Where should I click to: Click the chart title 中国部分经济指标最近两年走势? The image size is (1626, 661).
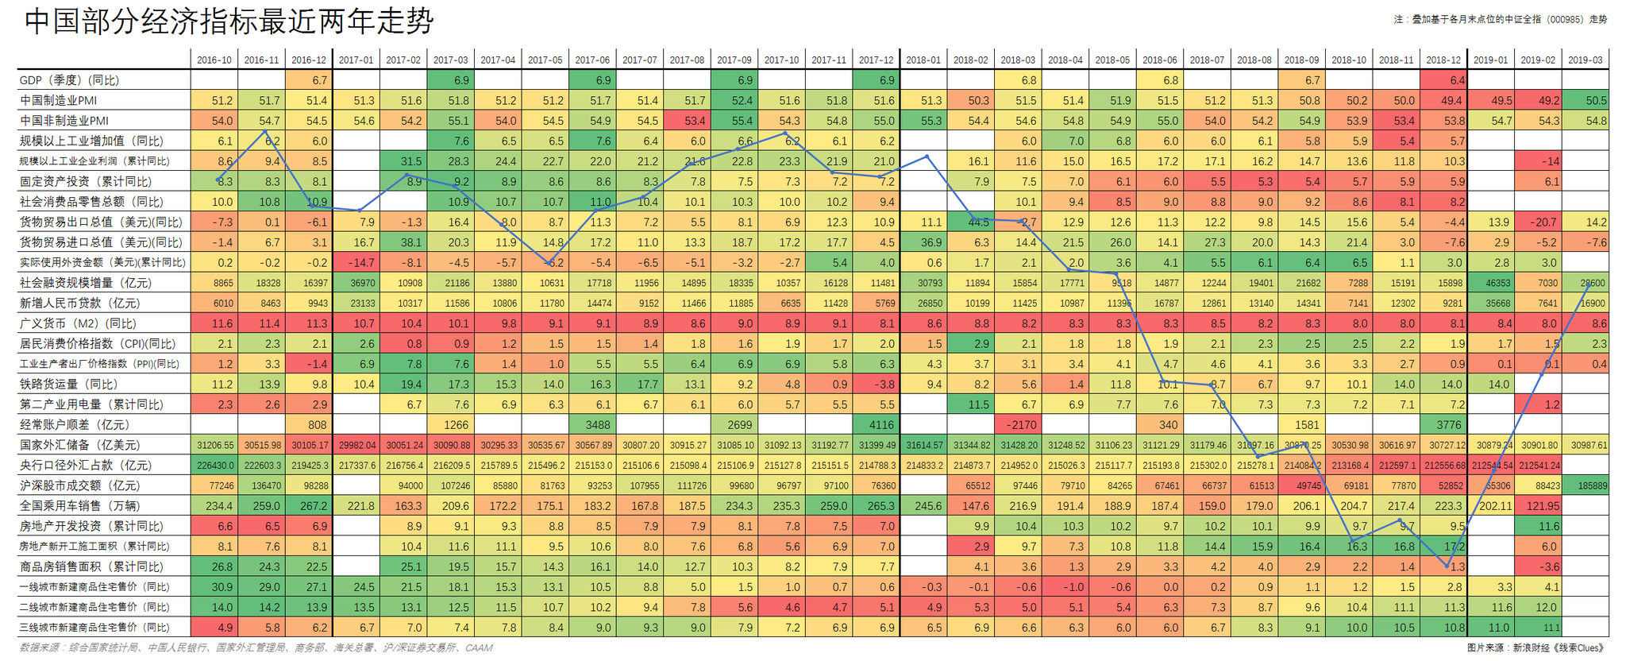click(x=229, y=21)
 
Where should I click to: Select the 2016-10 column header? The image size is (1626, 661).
click(x=214, y=60)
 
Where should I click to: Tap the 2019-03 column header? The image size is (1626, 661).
click(x=1585, y=60)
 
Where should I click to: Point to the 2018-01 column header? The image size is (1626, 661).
click(x=923, y=60)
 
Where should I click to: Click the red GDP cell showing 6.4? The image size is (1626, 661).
click(x=1443, y=80)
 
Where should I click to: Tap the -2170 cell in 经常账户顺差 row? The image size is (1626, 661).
click(x=1018, y=425)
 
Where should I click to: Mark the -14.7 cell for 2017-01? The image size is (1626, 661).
click(x=356, y=263)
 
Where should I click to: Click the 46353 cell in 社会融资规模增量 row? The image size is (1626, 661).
click(x=1491, y=283)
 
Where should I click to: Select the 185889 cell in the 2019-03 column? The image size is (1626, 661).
click(x=1586, y=485)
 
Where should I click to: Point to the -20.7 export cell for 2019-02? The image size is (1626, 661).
click(x=1538, y=222)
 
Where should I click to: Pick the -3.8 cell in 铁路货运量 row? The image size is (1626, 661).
click(x=877, y=385)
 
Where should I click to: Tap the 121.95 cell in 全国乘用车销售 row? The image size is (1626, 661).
click(x=1538, y=506)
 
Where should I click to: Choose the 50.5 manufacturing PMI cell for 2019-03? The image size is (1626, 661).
click(x=1586, y=101)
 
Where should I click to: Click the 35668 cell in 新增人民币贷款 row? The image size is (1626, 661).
click(x=1491, y=303)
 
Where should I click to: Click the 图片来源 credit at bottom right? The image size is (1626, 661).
click(x=1536, y=648)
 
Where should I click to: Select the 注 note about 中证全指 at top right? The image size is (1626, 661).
click(x=1500, y=19)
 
